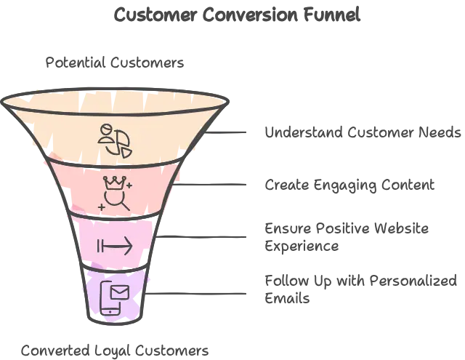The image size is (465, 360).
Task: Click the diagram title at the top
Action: [238, 13]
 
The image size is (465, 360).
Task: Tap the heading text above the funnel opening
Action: [116, 62]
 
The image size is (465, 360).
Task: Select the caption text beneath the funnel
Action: [113, 350]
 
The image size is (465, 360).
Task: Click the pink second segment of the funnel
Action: [80, 185]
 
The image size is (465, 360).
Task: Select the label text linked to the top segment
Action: [361, 132]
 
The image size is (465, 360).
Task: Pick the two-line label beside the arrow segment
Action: [345, 238]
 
